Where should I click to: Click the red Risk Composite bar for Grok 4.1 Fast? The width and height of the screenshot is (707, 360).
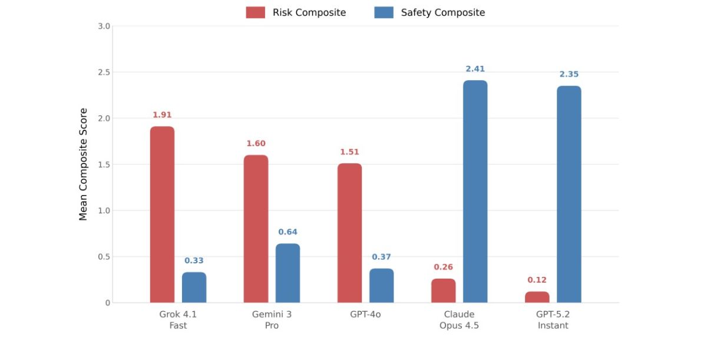click(x=162, y=214)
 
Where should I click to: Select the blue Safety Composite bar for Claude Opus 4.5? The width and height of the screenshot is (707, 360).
click(x=475, y=191)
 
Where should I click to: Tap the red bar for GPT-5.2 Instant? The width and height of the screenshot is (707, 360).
click(x=537, y=297)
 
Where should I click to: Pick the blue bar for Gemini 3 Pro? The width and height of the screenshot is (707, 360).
click(x=288, y=273)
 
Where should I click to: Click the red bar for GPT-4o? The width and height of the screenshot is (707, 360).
click(x=349, y=233)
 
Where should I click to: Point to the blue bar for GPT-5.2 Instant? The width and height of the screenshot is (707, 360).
click(x=569, y=194)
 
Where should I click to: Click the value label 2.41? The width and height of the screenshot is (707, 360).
click(x=475, y=69)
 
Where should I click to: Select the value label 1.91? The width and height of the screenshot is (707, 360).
click(x=162, y=115)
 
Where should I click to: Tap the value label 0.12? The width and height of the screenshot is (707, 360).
click(x=537, y=280)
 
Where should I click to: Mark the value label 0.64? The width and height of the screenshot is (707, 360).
click(x=288, y=232)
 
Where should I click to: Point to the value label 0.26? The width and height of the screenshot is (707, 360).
click(x=443, y=267)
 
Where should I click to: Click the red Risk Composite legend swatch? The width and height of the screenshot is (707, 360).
click(x=255, y=12)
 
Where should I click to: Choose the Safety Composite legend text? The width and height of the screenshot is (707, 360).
click(x=442, y=12)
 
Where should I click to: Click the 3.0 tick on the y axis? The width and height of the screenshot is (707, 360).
click(x=104, y=26)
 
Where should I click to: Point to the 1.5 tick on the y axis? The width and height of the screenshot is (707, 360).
click(x=104, y=164)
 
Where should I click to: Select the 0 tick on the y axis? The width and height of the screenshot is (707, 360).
click(x=107, y=303)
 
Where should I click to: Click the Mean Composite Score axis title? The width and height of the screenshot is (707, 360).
click(x=83, y=164)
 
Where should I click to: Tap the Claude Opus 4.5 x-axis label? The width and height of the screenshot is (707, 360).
click(x=459, y=320)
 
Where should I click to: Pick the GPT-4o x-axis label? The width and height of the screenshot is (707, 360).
click(x=365, y=315)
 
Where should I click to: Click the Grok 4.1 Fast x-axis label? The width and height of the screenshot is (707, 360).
click(x=178, y=320)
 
